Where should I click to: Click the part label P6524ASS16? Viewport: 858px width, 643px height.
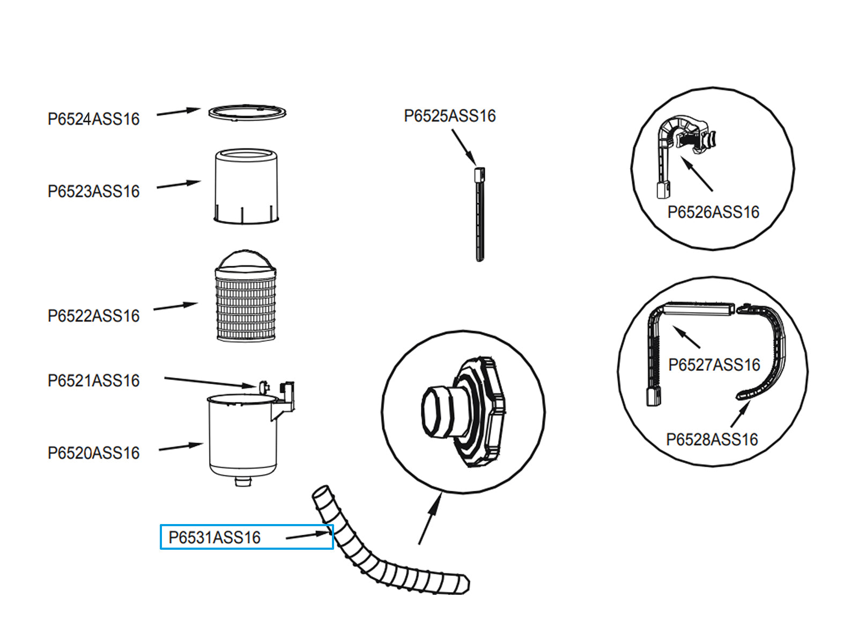click(x=93, y=119)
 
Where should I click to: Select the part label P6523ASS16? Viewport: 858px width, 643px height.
click(x=93, y=191)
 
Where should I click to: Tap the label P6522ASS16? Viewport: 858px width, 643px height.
click(x=93, y=316)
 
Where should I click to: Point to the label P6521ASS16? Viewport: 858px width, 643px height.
click(x=93, y=380)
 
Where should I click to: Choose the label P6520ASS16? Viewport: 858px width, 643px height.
click(x=93, y=453)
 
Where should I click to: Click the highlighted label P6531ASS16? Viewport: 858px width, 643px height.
click(x=214, y=537)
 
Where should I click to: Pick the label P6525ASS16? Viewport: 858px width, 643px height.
click(x=449, y=116)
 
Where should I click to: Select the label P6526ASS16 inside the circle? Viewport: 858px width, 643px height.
click(x=713, y=212)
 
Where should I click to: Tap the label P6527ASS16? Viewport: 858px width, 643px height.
click(x=714, y=365)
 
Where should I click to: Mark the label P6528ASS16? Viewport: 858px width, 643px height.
click(x=712, y=439)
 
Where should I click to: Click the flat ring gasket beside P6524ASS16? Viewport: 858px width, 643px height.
click(x=247, y=113)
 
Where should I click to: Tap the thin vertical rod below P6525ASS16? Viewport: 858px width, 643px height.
click(x=479, y=220)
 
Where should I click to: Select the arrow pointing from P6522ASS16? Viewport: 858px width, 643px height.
click(x=176, y=306)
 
